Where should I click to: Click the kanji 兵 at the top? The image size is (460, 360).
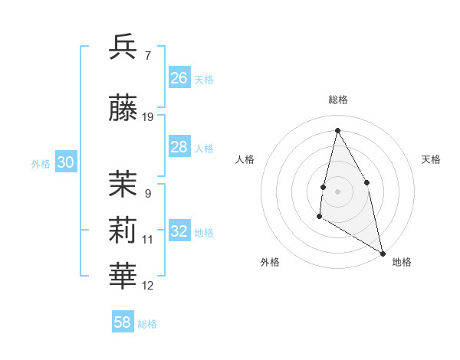(x=123, y=47)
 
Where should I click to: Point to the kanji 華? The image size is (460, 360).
(x=123, y=277)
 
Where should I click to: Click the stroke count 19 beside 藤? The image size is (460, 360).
(x=148, y=117)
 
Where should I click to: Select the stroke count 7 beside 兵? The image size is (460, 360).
(x=147, y=56)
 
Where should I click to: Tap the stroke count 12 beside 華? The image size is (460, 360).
(x=148, y=286)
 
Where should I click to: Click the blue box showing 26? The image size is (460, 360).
(x=179, y=78)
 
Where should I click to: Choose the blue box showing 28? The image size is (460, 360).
(x=179, y=147)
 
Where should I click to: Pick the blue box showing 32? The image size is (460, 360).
(x=179, y=231)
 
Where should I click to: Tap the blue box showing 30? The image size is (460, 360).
(x=65, y=162)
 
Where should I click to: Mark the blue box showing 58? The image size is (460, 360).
(x=123, y=322)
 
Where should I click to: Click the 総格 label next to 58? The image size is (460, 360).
(x=147, y=324)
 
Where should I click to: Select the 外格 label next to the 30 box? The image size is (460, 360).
(x=41, y=164)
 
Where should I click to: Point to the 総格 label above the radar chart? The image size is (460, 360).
(x=338, y=100)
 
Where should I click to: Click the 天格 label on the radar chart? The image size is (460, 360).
(x=432, y=159)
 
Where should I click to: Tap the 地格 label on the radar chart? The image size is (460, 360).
(x=402, y=263)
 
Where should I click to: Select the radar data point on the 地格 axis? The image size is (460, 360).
(x=383, y=254)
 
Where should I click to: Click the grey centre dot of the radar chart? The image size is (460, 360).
(x=337, y=191)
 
